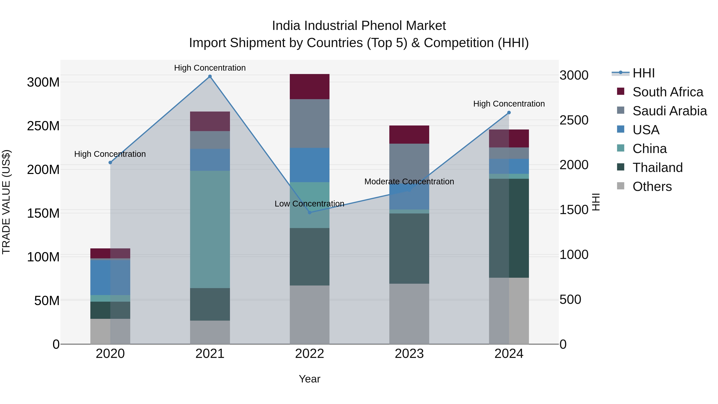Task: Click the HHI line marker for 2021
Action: click(210, 76)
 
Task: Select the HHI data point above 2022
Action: click(309, 212)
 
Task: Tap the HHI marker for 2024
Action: click(509, 113)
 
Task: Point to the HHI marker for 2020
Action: click(110, 163)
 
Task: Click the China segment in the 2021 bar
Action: click(210, 229)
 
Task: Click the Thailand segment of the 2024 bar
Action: click(509, 228)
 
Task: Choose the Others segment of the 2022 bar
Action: click(309, 314)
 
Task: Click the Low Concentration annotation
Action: click(309, 204)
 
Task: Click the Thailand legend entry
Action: click(657, 168)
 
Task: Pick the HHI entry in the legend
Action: click(643, 73)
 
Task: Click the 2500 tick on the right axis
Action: click(574, 120)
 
